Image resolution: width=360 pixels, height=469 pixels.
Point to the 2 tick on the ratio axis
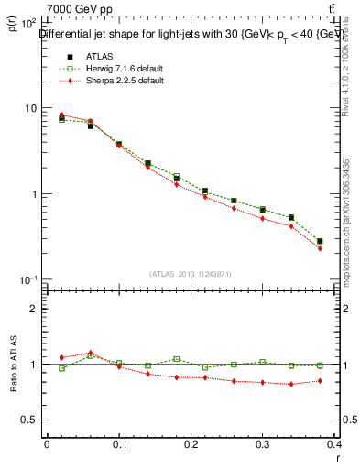[36, 309]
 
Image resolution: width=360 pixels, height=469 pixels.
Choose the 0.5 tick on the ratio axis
[32, 420]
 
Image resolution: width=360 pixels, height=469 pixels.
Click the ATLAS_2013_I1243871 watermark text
[191, 274]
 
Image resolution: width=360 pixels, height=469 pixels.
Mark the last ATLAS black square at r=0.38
[320, 241]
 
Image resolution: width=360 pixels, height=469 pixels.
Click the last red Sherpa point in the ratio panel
[320, 380]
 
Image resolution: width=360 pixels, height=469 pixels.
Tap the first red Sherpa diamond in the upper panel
[61, 115]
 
